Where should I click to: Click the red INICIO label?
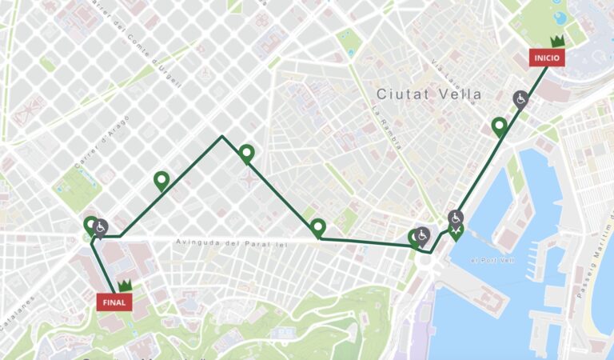[x=547, y=58]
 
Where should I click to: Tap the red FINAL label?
[x=114, y=302]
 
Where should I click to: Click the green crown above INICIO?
[x=558, y=41]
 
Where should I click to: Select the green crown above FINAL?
[x=125, y=285]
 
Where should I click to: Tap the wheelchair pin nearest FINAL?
[x=101, y=227]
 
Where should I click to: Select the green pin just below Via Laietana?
[x=500, y=126]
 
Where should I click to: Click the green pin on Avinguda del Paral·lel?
[x=318, y=227]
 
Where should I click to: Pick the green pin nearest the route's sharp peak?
[x=246, y=153]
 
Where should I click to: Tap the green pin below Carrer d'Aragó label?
[x=161, y=181]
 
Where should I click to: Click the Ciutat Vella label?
[x=429, y=94]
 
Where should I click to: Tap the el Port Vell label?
[x=492, y=261]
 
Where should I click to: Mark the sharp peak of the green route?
[x=222, y=137]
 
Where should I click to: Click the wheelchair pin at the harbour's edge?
[x=455, y=218]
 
